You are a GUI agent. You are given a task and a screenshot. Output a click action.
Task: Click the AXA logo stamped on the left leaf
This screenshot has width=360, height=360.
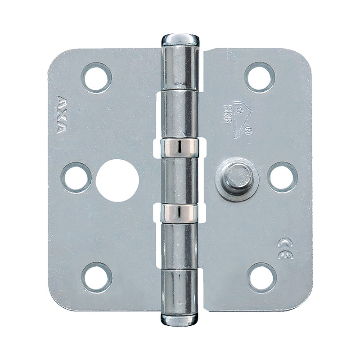coord(62,114)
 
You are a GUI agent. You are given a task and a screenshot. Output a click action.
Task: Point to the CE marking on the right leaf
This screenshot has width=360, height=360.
coord(285,249)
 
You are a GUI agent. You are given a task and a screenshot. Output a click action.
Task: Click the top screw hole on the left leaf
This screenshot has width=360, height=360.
coord(96,77)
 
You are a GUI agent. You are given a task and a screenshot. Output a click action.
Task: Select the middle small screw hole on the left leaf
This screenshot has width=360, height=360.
coord(76,177)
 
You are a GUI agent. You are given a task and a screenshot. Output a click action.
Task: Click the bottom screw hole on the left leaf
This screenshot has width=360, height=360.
coord(96,277)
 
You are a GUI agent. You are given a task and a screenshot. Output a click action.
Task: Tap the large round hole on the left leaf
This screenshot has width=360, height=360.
coord(117,180)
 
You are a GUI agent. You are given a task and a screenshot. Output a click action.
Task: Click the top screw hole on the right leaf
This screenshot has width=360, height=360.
coord(260,77)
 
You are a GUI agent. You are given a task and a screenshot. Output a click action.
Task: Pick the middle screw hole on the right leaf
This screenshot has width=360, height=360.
coord(282,177)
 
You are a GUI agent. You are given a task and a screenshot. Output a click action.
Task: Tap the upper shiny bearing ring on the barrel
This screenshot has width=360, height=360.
coord(180,148)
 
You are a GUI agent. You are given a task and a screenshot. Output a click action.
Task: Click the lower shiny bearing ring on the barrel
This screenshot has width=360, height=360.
coord(180,213)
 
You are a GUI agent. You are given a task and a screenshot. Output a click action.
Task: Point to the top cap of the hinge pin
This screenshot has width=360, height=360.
coord(180,39)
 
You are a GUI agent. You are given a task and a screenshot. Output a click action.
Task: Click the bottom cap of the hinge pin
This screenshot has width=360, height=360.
coord(180,319)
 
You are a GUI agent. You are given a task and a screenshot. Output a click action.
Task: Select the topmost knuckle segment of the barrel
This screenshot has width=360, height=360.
coord(180,67)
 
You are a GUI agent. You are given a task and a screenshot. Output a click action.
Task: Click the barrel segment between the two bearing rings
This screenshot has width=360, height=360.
coord(180,180)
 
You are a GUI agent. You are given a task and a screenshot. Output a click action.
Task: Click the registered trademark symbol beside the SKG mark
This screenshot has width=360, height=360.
coord(249,131)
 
